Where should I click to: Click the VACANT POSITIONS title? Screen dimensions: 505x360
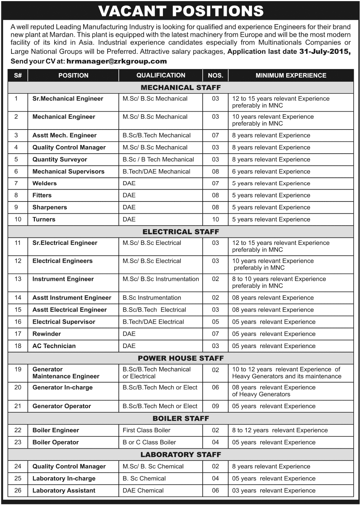(181, 11)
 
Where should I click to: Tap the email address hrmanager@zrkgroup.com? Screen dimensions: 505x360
(117, 61)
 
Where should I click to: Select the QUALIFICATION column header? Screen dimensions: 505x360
(161, 75)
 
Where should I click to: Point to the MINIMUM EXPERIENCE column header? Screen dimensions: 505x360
(291, 75)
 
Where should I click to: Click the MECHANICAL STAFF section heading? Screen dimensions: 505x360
(181, 88)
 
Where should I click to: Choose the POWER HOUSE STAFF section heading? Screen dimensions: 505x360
(181, 358)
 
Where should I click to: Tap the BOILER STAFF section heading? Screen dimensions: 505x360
(181, 418)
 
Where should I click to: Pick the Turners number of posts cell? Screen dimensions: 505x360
(216, 219)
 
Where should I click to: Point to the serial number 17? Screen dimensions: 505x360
(18, 334)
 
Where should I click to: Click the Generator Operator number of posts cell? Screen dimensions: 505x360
(216, 406)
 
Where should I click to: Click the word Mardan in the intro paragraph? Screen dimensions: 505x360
(61, 35)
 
